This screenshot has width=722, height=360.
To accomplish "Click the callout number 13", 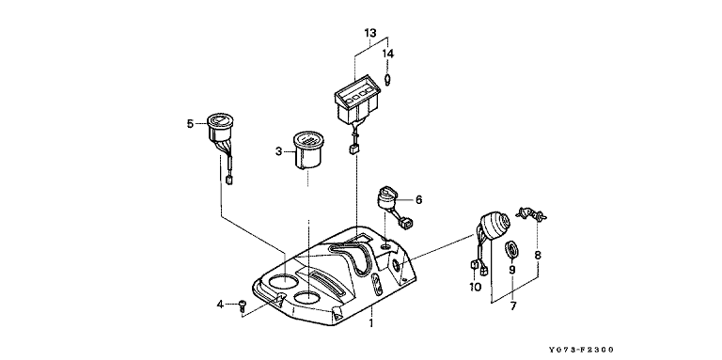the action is [370, 33].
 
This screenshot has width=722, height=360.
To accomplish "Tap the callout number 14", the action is [388, 54].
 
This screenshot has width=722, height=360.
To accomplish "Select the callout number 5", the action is [190, 123].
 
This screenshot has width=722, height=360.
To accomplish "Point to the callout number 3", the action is [278, 151].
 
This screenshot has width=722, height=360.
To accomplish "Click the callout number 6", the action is [418, 200].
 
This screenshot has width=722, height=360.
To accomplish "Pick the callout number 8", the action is [538, 256].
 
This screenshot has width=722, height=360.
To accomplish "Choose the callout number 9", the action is [512, 270].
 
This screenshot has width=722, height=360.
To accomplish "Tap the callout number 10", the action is [475, 288].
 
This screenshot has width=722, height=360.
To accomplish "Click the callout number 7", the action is [513, 306].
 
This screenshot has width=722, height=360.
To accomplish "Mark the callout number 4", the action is [221, 305].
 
